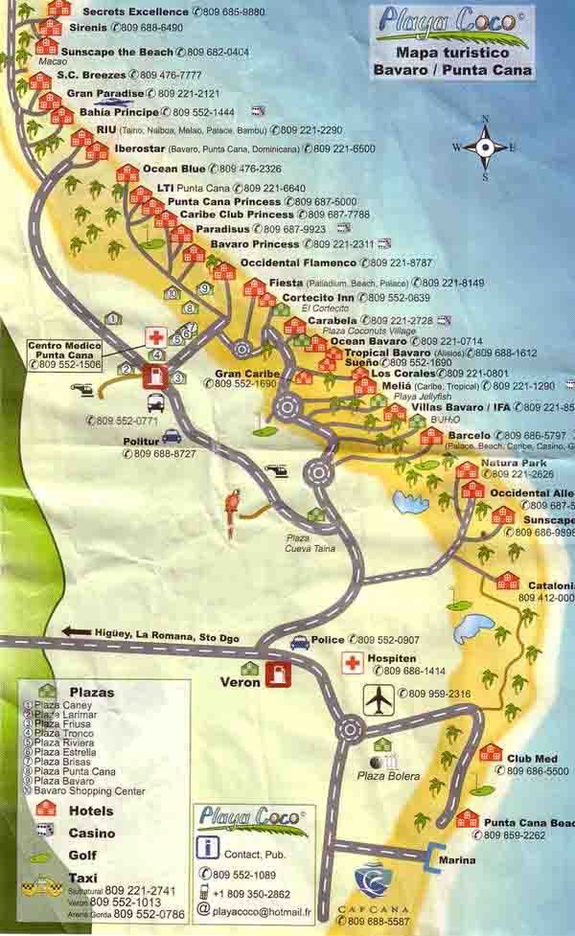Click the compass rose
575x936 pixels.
pyautogui.click(x=485, y=147)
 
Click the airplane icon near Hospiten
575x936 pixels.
pyautogui.click(x=379, y=700)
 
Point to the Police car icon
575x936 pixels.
pyautogui.click(x=299, y=642)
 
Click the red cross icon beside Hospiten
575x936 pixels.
pyautogui.click(x=353, y=663)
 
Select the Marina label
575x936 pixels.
pyautogui.click(x=457, y=860)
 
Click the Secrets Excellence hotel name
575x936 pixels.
pyautogui.click(x=134, y=11)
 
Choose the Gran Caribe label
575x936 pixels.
pyautogui.click(x=247, y=373)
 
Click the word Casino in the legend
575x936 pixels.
pyautogui.click(x=92, y=833)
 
